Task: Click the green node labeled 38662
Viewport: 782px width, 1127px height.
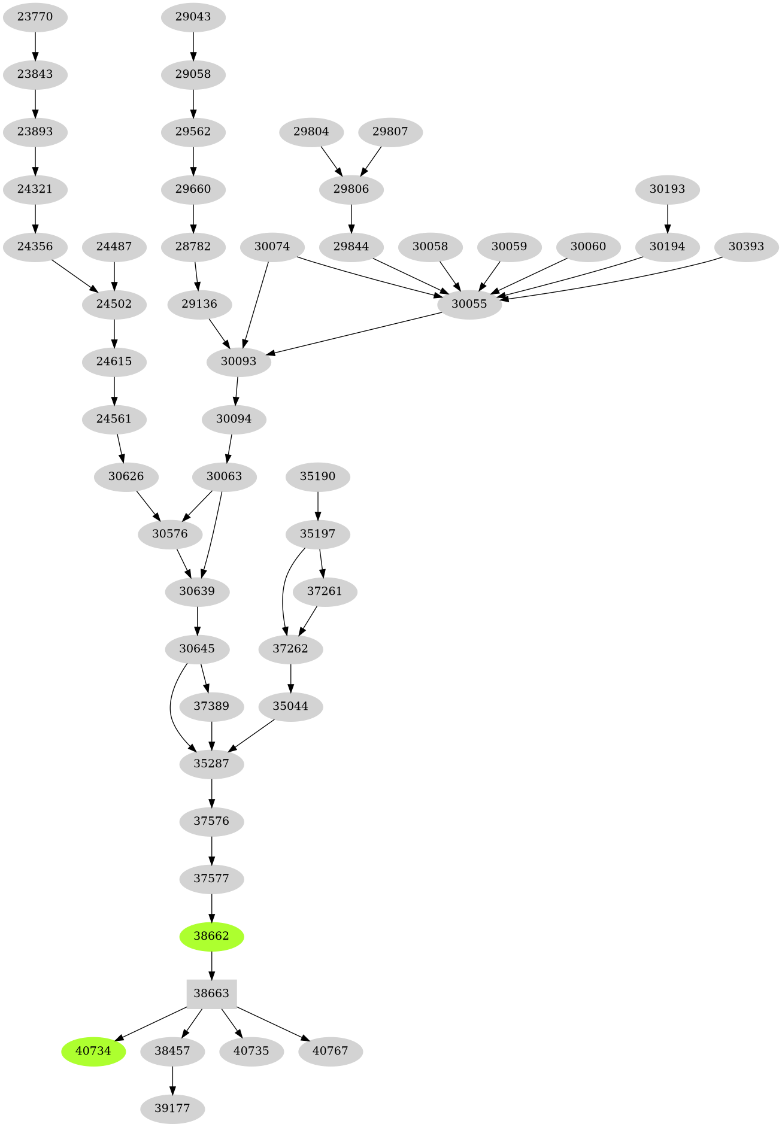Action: pyautogui.click(x=211, y=935)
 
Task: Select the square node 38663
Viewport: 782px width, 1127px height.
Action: pyautogui.click(x=211, y=993)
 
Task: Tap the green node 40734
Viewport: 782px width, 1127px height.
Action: pyautogui.click(x=93, y=1050)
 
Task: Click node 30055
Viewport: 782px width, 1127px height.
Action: pyautogui.click(x=469, y=303)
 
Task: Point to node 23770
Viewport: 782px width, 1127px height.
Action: pyautogui.click(x=35, y=16)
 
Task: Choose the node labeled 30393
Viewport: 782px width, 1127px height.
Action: pyautogui.click(x=746, y=246)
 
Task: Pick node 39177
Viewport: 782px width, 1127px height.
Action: pyautogui.click(x=172, y=1108)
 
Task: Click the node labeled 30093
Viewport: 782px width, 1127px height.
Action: pyautogui.click(x=238, y=361)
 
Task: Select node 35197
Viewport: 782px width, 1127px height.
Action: pyautogui.click(x=317, y=533)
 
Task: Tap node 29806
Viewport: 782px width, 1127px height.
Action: pyautogui.click(x=351, y=189)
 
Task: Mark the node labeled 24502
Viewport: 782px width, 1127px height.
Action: pyautogui.click(x=114, y=303)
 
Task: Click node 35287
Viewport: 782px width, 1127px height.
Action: pyautogui.click(x=211, y=763)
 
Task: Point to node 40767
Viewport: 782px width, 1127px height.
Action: pyautogui.click(x=330, y=1050)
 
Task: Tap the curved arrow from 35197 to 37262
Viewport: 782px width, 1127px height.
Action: pyautogui.click(x=284, y=593)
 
